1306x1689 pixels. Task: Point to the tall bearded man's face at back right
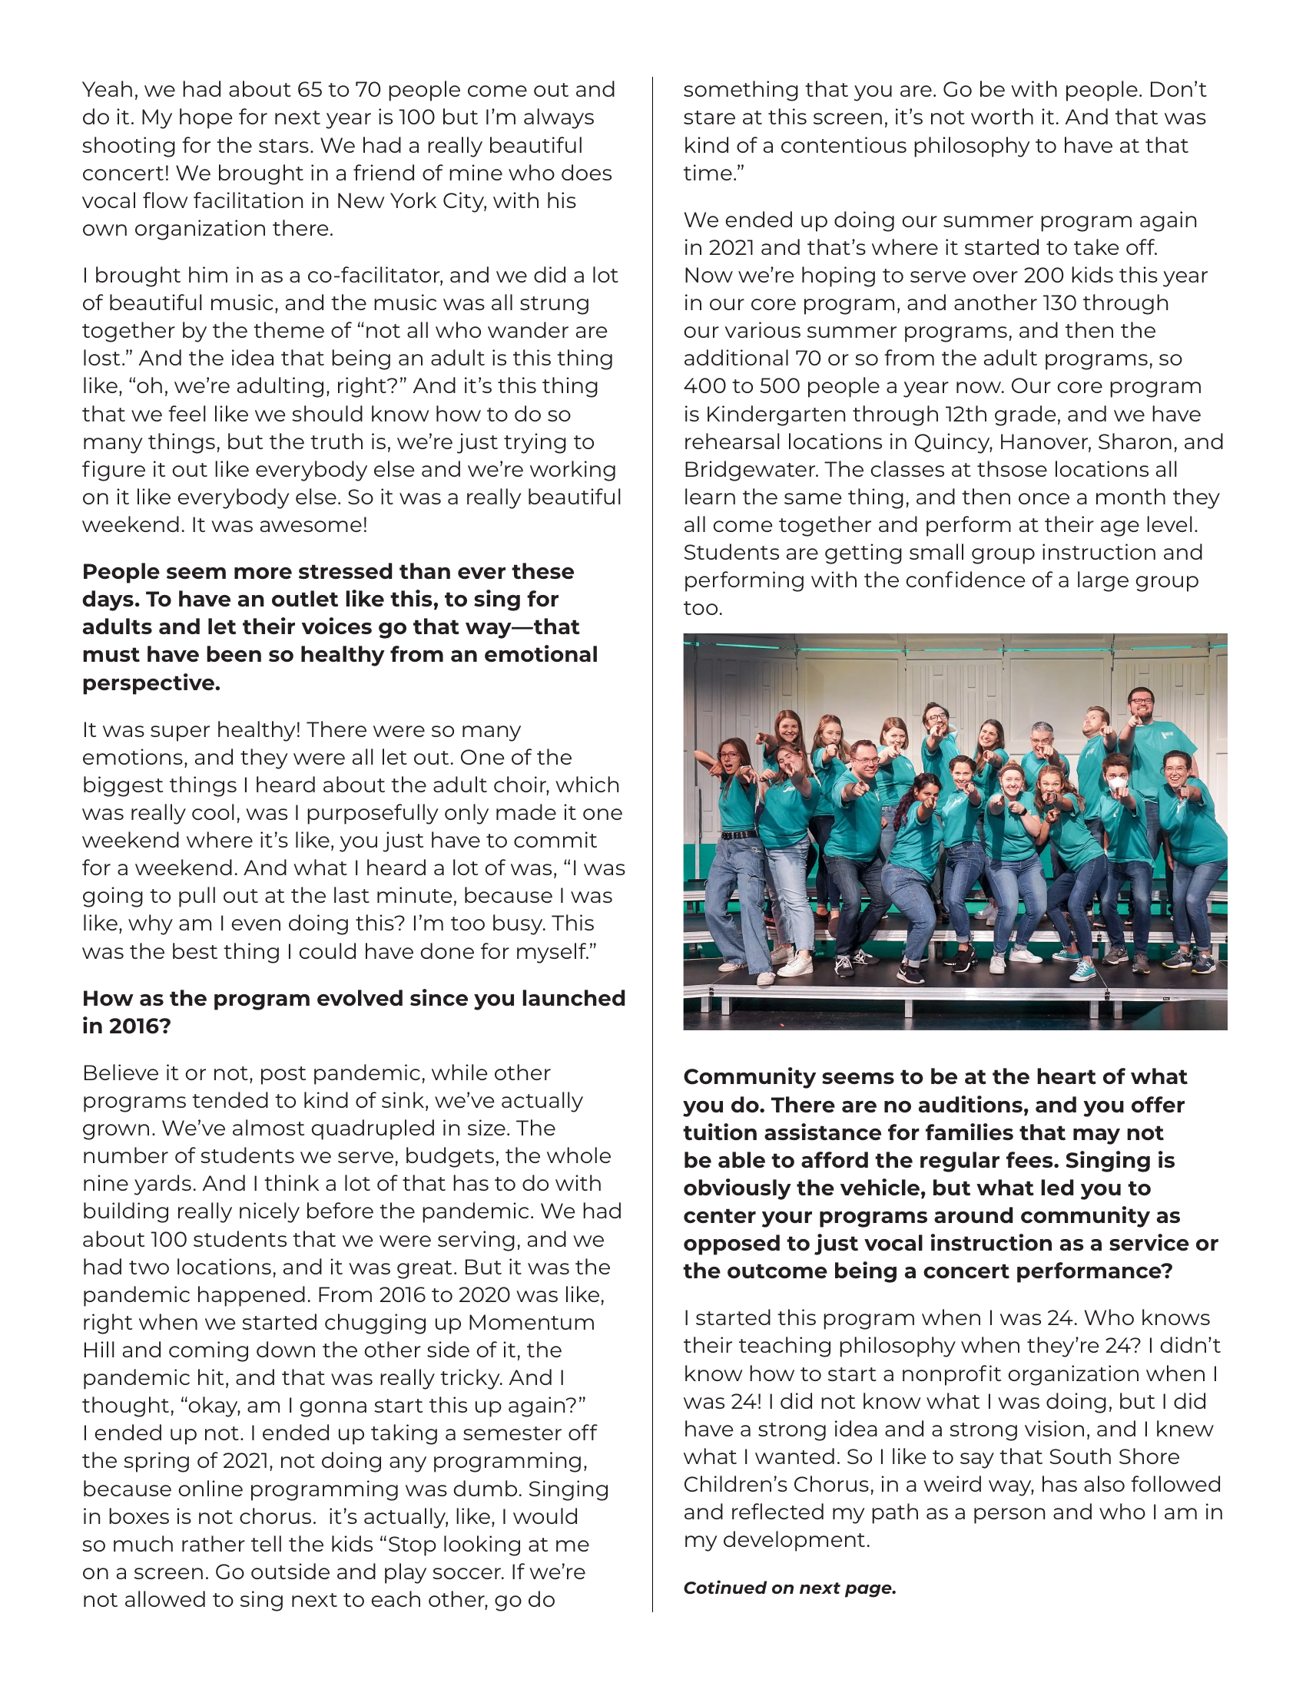1140,706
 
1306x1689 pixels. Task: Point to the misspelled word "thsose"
1009,469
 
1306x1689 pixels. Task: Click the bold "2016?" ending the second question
139,1026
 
